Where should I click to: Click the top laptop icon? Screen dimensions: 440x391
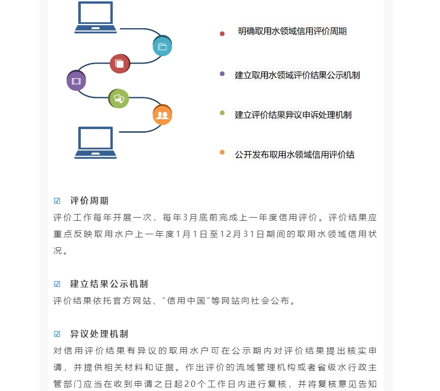click(95, 17)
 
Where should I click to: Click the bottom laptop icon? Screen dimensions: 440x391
click(95, 143)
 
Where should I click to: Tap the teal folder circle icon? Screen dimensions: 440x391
click(163, 46)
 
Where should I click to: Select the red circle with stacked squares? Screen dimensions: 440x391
click(120, 64)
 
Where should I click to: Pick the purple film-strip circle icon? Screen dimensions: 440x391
click(76, 81)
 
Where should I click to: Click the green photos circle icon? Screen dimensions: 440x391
click(119, 98)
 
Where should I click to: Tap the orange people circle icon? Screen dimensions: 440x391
click(163, 115)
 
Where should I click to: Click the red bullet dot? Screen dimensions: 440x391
click(222, 34)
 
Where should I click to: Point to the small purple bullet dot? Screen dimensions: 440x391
click(222, 74)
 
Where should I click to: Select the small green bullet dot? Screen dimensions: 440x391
click(222, 112)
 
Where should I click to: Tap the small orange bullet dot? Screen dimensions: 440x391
click(222, 152)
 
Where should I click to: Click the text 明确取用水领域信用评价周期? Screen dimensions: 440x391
click(292, 31)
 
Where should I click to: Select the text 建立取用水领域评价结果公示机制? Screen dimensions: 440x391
click(298, 75)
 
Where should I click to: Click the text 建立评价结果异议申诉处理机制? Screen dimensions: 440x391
click(293, 115)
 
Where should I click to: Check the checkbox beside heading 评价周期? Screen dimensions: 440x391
click(57, 200)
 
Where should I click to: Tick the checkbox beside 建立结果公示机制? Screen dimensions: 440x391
click(57, 284)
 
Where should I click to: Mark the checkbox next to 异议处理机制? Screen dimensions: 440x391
click(57, 334)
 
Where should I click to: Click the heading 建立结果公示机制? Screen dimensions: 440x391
click(109, 284)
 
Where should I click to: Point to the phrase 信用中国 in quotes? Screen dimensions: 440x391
click(186, 301)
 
